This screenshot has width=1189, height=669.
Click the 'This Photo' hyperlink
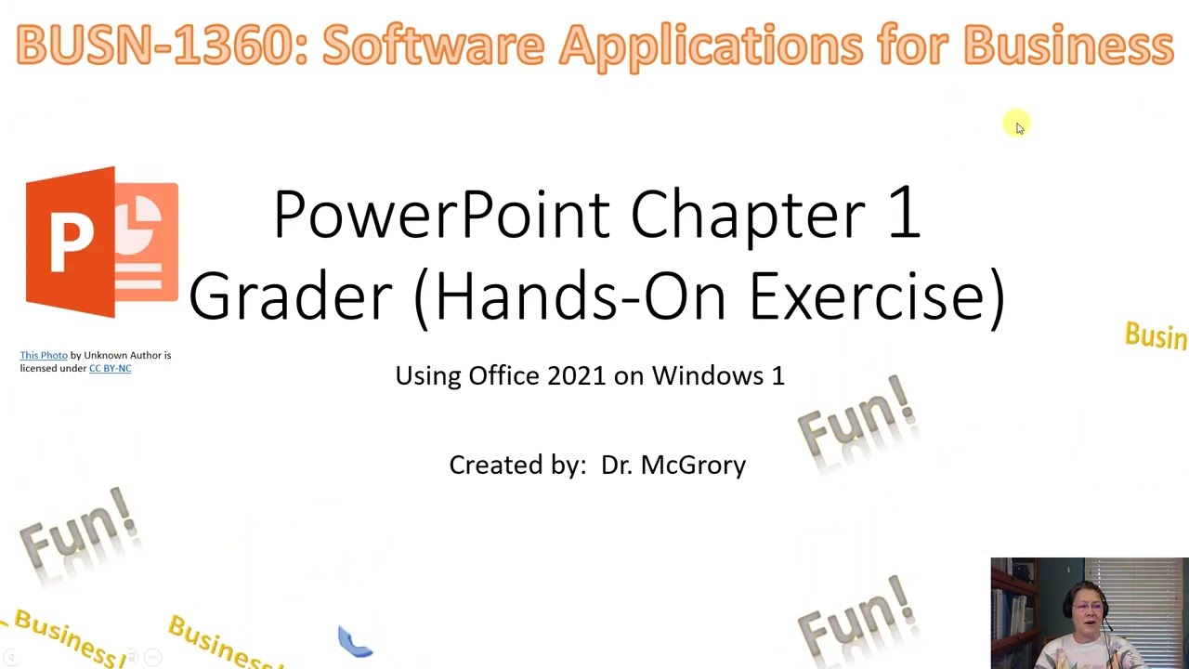[x=44, y=355]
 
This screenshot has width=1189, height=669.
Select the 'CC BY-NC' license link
[x=110, y=368]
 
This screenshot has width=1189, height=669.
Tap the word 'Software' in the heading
[x=432, y=46]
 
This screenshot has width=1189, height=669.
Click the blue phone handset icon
[x=355, y=641]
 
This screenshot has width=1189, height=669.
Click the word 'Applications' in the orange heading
[x=711, y=46]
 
